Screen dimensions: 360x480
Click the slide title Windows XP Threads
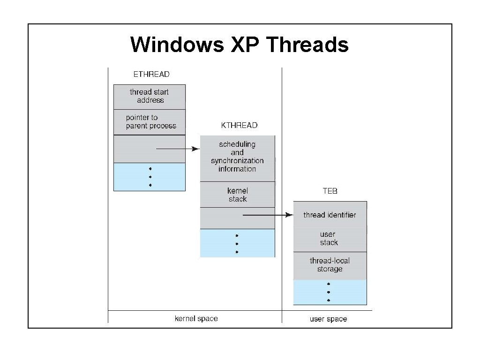[x=240, y=45]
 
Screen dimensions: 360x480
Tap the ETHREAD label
[x=151, y=74]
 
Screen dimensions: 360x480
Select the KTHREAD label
[x=239, y=125]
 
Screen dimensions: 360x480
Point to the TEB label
[x=330, y=191]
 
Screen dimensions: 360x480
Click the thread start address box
[x=150, y=97]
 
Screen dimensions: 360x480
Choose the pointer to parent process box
[x=150, y=122]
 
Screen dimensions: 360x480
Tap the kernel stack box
[x=237, y=195]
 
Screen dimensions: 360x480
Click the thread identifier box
[x=330, y=215]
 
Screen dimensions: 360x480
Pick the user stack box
[x=330, y=239]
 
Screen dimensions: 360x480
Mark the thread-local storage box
[x=330, y=265]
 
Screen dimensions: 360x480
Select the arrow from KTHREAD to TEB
[x=267, y=215]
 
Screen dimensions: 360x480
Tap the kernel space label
[x=196, y=319]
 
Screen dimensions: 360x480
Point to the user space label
[x=328, y=319]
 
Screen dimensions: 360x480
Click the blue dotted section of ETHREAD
[x=150, y=177]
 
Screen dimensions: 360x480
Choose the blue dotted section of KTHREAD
[x=237, y=243]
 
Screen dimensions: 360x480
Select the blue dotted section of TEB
[x=330, y=292]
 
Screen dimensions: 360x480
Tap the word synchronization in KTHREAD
[x=237, y=161]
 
